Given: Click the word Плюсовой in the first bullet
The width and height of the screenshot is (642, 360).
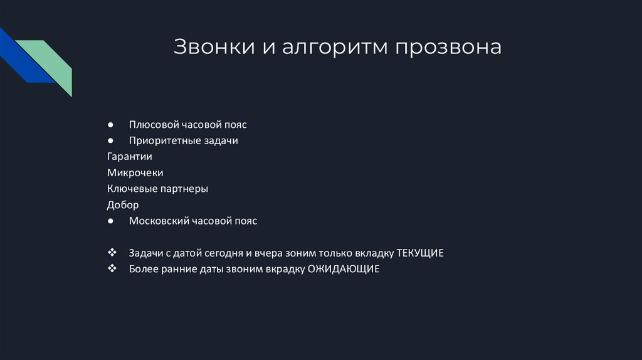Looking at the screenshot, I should click(151, 124).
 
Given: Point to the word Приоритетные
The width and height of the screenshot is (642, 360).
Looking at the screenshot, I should click(163, 140).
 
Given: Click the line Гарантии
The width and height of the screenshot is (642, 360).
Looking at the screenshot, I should click(130, 156).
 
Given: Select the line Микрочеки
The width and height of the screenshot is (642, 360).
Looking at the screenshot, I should click(135, 172).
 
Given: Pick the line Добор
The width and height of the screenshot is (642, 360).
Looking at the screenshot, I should click(123, 204).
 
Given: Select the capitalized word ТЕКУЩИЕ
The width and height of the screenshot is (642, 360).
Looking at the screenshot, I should click(420, 253).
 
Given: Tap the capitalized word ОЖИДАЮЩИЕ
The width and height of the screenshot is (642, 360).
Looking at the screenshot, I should click(344, 269).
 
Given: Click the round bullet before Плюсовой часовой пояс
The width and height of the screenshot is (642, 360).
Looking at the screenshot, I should click(110, 124).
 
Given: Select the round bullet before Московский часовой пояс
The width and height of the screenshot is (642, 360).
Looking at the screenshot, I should click(110, 221).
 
